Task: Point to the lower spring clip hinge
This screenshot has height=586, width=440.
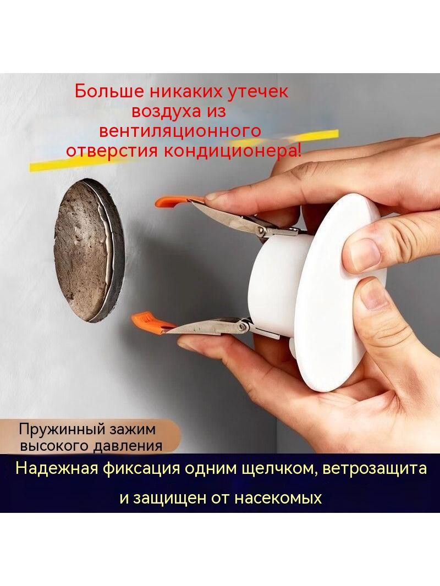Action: pyautogui.click(x=243, y=327)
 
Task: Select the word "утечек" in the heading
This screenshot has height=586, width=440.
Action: pyautogui.click(x=258, y=92)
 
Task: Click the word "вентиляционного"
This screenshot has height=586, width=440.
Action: pyautogui.click(x=180, y=131)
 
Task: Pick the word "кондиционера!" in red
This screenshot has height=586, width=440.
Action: pyautogui.click(x=232, y=151)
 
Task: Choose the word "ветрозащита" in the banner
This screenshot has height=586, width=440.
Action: pyautogui.click(x=374, y=469)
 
